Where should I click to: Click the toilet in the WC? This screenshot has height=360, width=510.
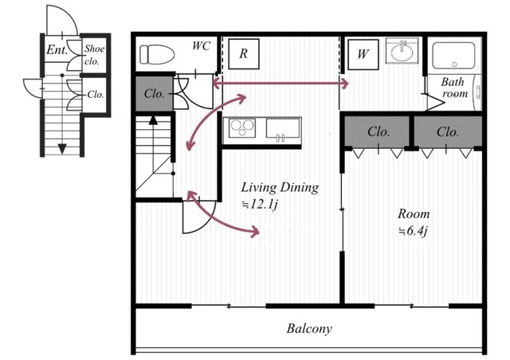tap(157, 54)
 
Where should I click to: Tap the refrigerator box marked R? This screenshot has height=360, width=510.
tap(244, 53)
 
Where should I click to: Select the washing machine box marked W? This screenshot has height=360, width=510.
tap(363, 54)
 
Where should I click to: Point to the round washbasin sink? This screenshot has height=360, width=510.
tap(402, 53)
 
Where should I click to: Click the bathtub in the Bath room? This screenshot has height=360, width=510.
tap(453, 55)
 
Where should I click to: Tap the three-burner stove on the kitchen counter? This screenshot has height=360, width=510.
tap(242, 128)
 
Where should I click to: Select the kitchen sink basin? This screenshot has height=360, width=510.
tap(283, 128)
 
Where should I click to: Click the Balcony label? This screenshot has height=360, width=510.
tap(309, 328)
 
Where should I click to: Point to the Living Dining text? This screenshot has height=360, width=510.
tap(280, 188)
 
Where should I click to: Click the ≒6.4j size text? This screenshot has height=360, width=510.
tap(413, 231)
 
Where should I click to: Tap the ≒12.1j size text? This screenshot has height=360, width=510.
tap(259, 205)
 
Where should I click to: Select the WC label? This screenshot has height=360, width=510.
tap(201, 46)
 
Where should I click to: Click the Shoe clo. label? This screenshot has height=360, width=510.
tap(94, 55)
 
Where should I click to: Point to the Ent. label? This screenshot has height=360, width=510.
tap(57, 49)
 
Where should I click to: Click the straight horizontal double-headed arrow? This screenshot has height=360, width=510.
tap(280, 84)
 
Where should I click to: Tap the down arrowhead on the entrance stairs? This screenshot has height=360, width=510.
tap(62, 149)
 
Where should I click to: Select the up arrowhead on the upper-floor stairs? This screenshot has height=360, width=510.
tap(153, 120)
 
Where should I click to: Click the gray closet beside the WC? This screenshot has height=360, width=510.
tap(154, 94)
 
